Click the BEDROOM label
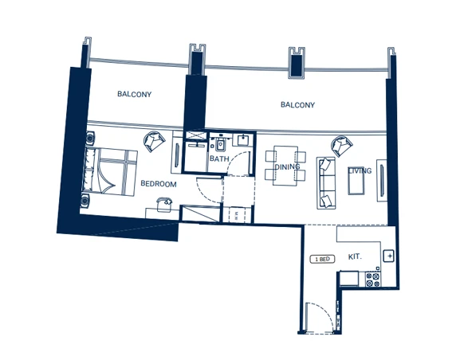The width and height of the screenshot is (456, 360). (x=158, y=184)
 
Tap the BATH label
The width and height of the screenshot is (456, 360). (x=219, y=159)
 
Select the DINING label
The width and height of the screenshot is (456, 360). (x=286, y=167)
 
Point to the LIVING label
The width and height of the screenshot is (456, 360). (x=360, y=170)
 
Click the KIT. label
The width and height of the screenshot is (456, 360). (x=356, y=258)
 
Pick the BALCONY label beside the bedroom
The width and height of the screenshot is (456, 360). (x=134, y=95)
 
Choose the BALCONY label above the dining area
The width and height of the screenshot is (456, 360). (x=297, y=105)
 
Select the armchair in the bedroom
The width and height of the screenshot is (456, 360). (x=152, y=142)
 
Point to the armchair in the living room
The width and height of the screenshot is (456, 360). (x=340, y=146)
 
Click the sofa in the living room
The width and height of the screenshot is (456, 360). (x=326, y=182)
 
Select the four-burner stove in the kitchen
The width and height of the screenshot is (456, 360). (x=372, y=280)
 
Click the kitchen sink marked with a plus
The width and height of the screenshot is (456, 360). (x=388, y=256)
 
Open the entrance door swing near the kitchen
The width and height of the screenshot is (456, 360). (x=316, y=319)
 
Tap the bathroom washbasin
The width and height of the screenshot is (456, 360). (x=242, y=141)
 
